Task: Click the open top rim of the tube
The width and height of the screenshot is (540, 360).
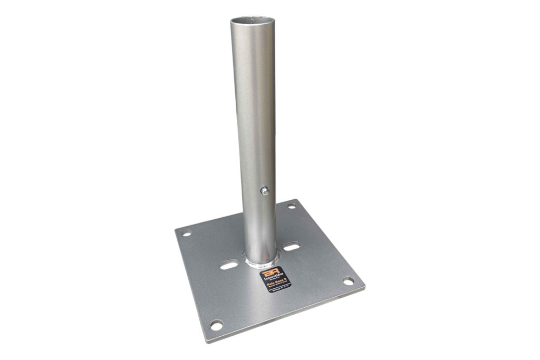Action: click(252, 21)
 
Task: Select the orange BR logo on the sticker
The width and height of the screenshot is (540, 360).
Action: click(269, 271)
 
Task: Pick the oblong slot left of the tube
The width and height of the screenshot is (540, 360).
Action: click(228, 266)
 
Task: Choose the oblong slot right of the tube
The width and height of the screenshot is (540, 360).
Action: click(291, 246)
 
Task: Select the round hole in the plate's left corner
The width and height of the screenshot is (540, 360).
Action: click(187, 233)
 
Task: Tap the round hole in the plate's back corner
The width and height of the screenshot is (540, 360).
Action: click(292, 207)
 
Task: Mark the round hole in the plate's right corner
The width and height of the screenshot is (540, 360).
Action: click(349, 281)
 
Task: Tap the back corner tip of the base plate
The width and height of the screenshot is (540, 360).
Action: click(295, 199)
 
